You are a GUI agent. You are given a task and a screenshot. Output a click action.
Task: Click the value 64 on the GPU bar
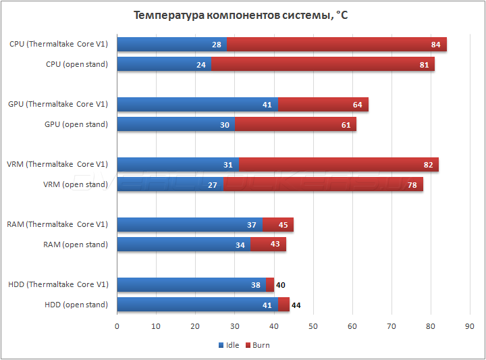[x=357, y=105]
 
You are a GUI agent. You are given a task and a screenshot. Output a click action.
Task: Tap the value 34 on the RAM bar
[x=240, y=245]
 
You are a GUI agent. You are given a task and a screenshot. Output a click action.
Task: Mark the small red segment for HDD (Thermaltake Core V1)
[x=270, y=285]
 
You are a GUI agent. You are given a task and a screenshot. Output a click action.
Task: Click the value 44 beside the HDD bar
[x=296, y=305]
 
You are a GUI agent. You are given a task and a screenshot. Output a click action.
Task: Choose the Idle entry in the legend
[x=229, y=345]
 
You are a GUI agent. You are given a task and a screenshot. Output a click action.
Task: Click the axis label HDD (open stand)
[x=76, y=305]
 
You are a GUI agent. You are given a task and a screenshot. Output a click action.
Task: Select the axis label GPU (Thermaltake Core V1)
[x=58, y=104]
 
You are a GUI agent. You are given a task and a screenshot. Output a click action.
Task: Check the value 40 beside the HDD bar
[x=281, y=285]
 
